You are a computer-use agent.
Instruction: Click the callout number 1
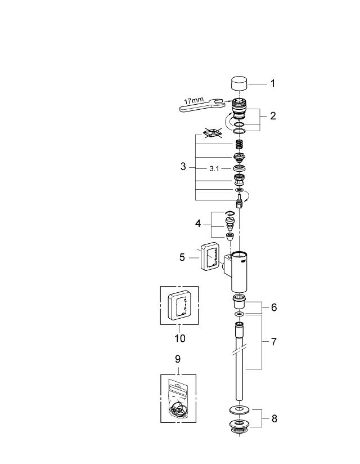pos(273,83)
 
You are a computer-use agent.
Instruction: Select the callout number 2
pos(273,116)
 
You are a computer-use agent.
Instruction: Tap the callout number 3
pos(183,167)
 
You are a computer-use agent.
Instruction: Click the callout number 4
pos(198,224)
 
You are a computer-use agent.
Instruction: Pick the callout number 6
pos(273,307)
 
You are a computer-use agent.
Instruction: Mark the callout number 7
pos(273,342)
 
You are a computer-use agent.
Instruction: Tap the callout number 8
pos(273,418)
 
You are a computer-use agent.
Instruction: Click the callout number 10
pos(179,338)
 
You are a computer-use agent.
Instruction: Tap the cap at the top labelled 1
pos(240,84)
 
